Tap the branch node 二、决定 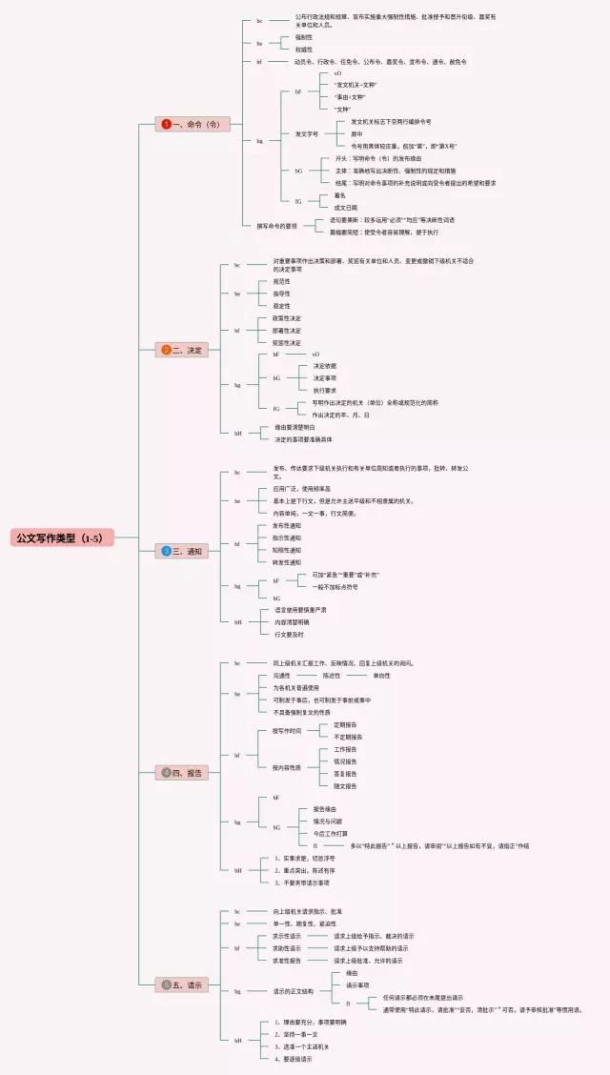point(182,350)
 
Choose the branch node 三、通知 point(182,551)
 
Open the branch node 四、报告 point(182,772)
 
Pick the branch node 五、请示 point(182,984)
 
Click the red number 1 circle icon point(166,124)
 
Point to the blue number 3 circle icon point(166,551)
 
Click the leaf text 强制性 point(303,37)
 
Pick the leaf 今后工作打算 point(331,833)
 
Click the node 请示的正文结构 point(299,991)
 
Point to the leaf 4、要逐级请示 point(291,1059)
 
